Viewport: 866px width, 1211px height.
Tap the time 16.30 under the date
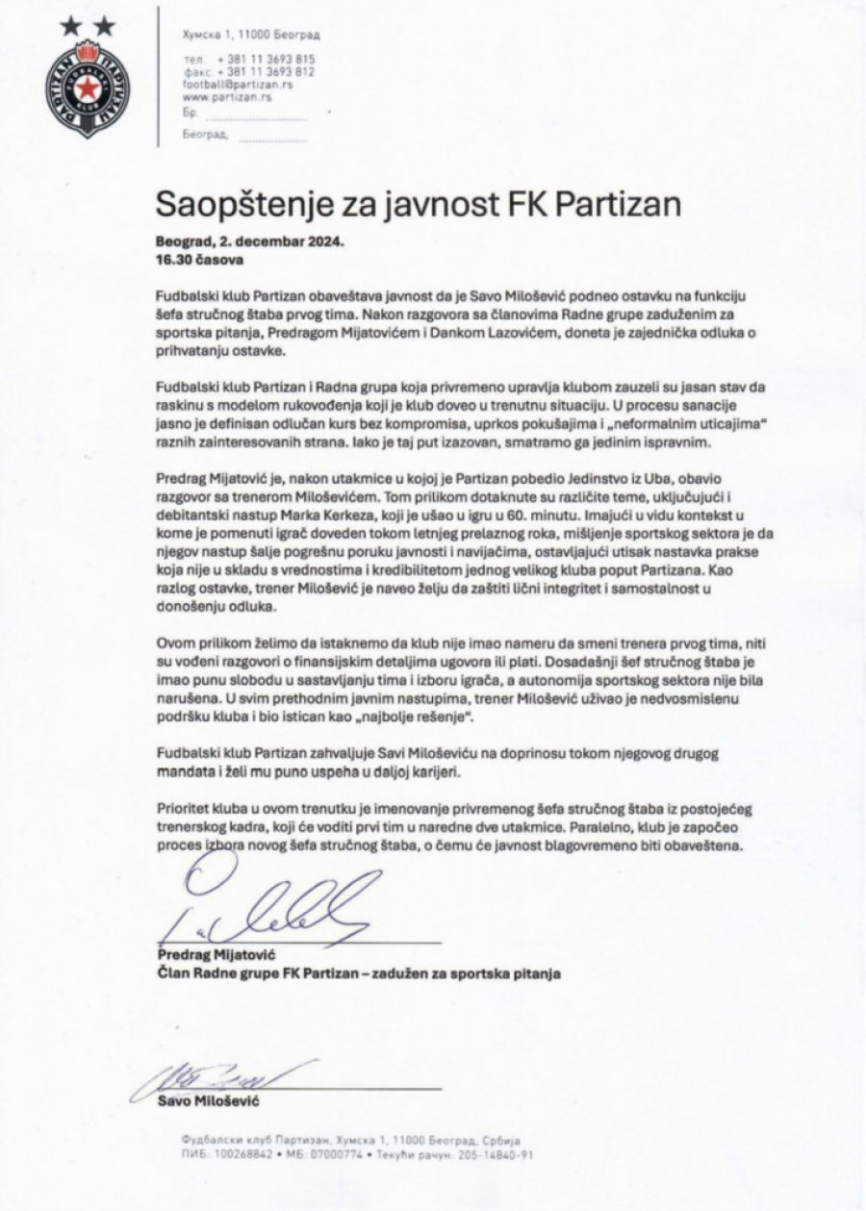tap(172, 260)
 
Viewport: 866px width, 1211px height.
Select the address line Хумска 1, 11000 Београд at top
tap(251, 35)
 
